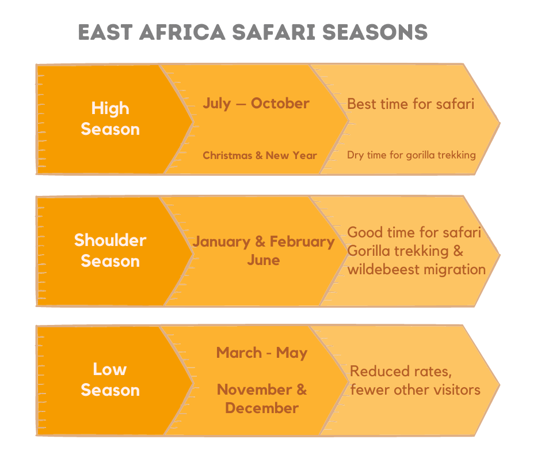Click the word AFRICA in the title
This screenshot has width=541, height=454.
coord(182,32)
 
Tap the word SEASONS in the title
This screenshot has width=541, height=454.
coord(375,32)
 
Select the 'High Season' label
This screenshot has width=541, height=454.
coord(111,119)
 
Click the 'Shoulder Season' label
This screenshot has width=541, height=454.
coord(111,251)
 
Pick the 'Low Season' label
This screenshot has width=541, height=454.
coord(111,380)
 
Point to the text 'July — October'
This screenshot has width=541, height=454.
coord(256,103)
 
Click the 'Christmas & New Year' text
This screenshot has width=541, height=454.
coord(260,156)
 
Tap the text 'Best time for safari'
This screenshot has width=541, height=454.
coord(410,104)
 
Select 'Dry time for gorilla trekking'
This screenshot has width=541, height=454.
coord(412,155)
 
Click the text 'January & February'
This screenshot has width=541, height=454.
coord(264,241)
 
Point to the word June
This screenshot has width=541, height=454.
coord(263,260)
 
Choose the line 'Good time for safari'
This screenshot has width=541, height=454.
coord(414,232)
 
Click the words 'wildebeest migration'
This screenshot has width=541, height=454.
coord(417,270)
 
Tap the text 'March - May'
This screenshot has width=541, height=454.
coord(262,353)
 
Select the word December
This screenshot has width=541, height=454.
coord(262,408)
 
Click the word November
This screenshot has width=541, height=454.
coord(254,389)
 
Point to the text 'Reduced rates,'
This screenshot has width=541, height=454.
coord(401,372)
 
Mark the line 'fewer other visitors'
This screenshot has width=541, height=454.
coord(416,390)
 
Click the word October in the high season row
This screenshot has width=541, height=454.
coord(280,103)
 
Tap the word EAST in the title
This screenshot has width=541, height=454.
coord(105,32)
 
